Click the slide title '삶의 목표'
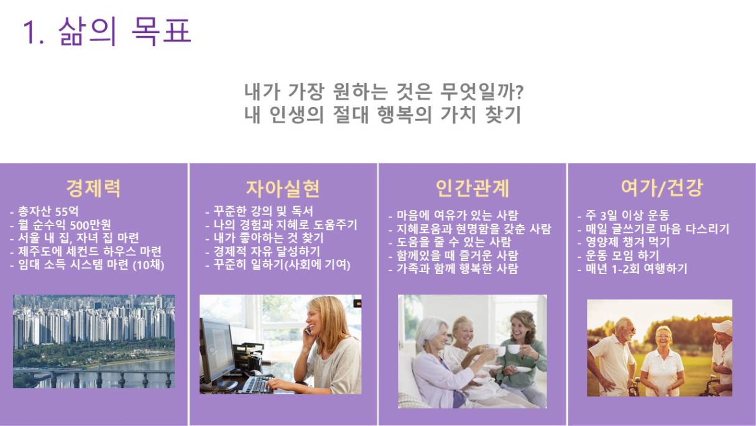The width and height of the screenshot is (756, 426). (125, 31)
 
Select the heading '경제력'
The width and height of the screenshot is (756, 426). (93, 188)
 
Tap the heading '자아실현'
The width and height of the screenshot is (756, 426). (283, 188)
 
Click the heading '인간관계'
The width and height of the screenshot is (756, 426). (472, 188)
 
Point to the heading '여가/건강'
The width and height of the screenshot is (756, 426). (662, 187)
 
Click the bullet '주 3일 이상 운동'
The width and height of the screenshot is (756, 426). (624, 215)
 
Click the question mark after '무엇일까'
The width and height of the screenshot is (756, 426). (519, 92)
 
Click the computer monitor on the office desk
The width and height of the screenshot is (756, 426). (218, 352)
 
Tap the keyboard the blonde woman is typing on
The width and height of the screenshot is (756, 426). (257, 384)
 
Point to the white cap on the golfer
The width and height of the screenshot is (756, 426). (722, 327)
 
